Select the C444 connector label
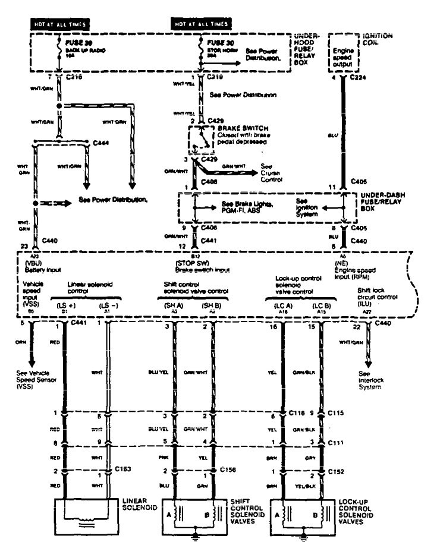coord(102,143)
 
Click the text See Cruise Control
coord(269,173)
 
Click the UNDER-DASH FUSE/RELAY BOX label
coord(378,200)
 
